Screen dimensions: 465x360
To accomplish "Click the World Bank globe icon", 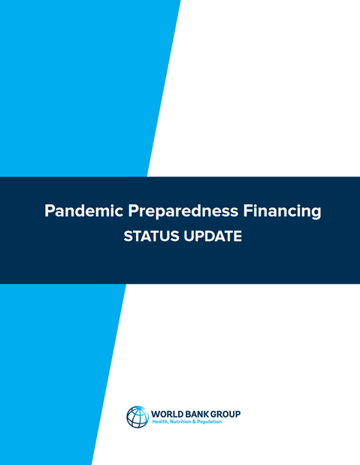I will (x=138, y=417).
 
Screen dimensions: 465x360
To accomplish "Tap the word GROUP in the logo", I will (x=226, y=414).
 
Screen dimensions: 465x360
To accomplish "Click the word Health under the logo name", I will (x=160, y=422).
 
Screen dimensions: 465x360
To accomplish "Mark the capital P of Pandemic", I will (x=50, y=211).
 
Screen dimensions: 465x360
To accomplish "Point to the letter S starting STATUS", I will (x=127, y=236).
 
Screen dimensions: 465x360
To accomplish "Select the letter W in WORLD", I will (x=156, y=414).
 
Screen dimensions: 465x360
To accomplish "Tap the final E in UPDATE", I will (x=237, y=236).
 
